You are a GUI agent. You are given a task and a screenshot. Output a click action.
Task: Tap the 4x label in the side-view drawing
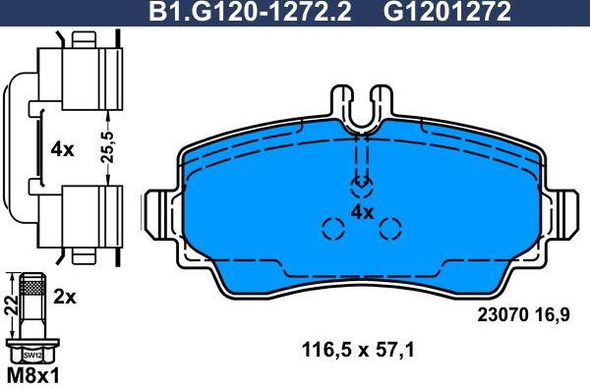click(61, 149)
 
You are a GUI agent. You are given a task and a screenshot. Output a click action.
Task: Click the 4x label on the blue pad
click(362, 212)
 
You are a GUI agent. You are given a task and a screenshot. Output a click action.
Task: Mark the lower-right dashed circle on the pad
click(391, 230)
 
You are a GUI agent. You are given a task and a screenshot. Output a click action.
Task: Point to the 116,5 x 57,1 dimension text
click(360, 348)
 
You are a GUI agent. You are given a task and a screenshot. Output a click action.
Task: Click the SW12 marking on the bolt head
click(32, 354)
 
